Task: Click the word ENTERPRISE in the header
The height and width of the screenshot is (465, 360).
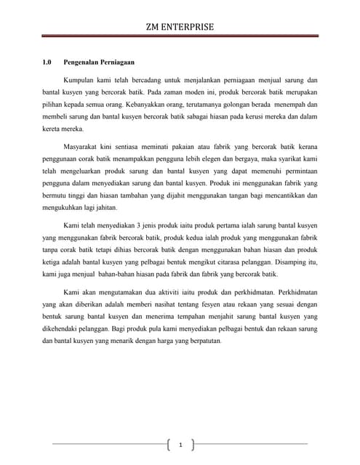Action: pyautogui.click(x=192, y=27)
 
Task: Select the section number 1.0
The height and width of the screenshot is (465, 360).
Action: pyautogui.click(x=48, y=62)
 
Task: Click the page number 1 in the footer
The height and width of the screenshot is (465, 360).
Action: pyautogui.click(x=180, y=445)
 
